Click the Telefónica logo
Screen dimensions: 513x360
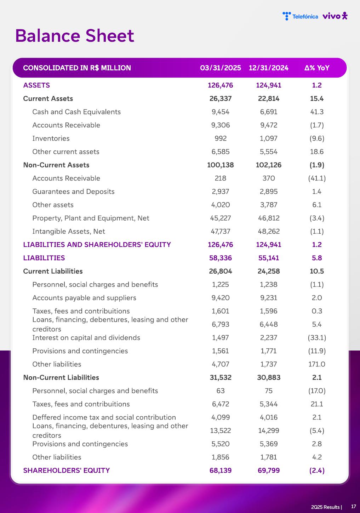tap(300, 16)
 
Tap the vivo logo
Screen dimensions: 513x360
tap(335, 16)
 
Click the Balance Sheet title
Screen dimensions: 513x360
tap(75, 36)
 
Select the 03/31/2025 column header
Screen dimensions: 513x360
tap(221, 68)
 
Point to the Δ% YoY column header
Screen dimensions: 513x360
tap(317, 68)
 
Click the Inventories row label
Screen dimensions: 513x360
tap(51, 138)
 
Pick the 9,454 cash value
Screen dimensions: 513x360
tap(221, 112)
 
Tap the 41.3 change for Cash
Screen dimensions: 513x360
tap(317, 112)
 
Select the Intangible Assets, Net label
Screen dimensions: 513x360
tap(69, 232)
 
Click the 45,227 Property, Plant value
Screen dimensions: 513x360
tap(221, 218)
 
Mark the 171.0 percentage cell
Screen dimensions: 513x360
tap(317, 364)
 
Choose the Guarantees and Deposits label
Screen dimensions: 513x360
tap(73, 192)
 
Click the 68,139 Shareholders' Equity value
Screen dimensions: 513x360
tap(221, 471)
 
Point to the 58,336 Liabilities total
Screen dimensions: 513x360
tap(221, 258)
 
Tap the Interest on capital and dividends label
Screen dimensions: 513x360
tap(86, 338)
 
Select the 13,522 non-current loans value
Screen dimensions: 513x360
tap(221, 431)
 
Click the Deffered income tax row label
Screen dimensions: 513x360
tap(104, 417)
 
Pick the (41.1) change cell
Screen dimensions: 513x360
tap(317, 178)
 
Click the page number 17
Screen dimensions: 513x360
tap(353, 507)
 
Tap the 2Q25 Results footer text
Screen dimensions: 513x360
tap(326, 507)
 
